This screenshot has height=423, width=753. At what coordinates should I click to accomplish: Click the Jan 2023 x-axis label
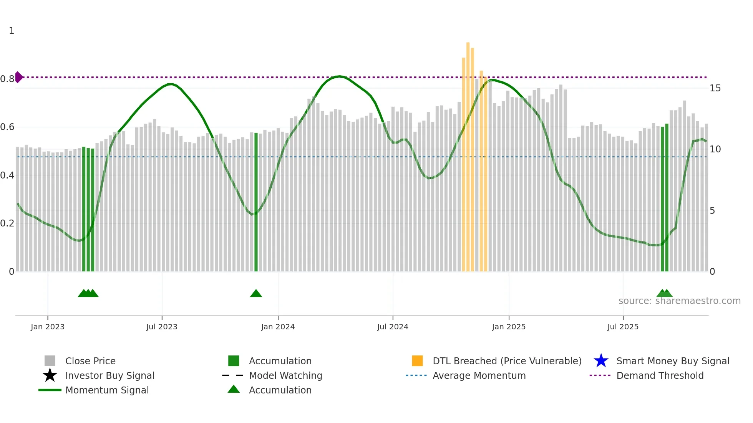(x=48, y=327)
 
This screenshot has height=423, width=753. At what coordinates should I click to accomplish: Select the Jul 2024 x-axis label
(x=392, y=327)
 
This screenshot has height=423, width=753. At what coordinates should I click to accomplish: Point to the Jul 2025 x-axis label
(x=622, y=327)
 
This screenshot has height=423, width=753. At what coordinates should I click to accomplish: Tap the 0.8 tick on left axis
(x=7, y=79)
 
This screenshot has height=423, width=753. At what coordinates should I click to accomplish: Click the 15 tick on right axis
(x=715, y=88)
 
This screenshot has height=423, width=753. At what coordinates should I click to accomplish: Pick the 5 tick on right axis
(x=712, y=211)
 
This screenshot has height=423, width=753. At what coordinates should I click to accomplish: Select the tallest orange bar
(x=468, y=154)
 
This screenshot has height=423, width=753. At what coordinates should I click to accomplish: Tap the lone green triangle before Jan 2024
(x=256, y=294)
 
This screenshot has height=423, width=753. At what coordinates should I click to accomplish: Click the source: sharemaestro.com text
(x=679, y=301)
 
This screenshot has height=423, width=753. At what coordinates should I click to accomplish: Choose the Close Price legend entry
(x=90, y=361)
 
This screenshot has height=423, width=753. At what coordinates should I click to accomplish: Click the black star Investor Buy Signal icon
(x=50, y=375)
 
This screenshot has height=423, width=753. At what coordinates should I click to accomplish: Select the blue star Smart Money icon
(x=601, y=361)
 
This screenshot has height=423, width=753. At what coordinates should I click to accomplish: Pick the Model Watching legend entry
(x=285, y=375)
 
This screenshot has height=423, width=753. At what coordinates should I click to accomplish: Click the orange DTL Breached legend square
(x=417, y=361)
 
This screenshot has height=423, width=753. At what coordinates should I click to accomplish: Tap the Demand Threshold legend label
(x=660, y=375)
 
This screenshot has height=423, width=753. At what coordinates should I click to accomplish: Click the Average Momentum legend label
(x=479, y=375)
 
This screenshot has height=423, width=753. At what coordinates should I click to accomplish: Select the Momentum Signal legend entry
(x=107, y=390)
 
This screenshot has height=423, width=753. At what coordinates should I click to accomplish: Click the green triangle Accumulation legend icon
(x=234, y=389)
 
